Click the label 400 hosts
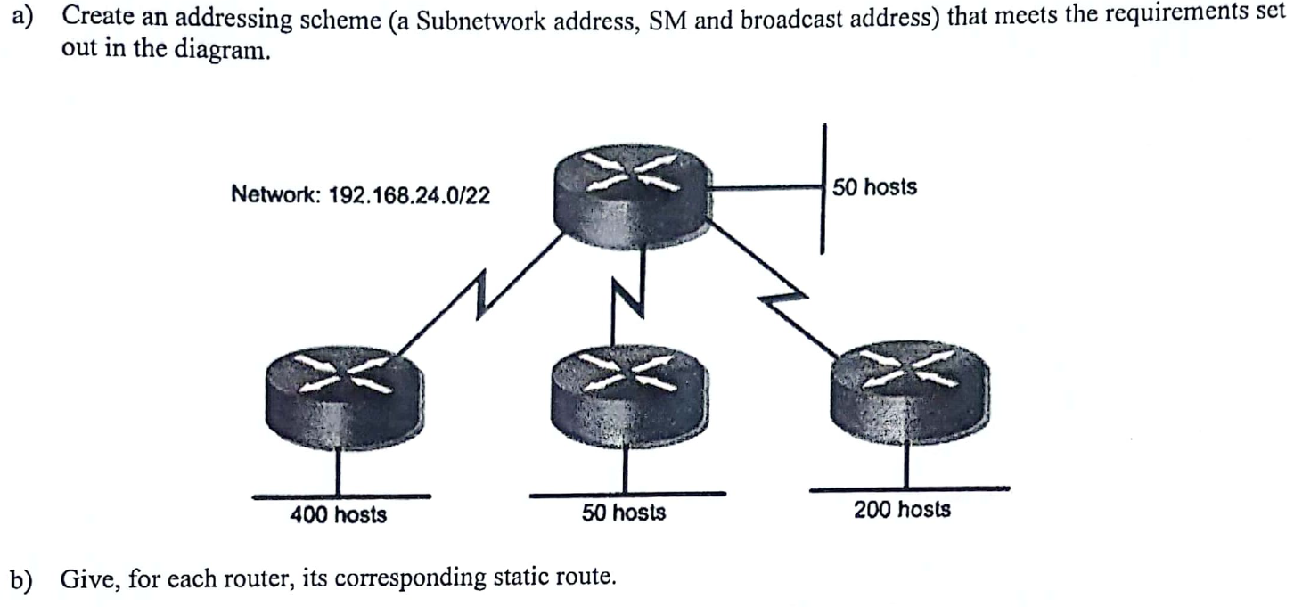tap(339, 514)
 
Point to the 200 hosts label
tap(902, 510)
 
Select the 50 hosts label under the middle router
tap(624, 513)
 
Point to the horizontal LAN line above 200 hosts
tap(909, 488)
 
